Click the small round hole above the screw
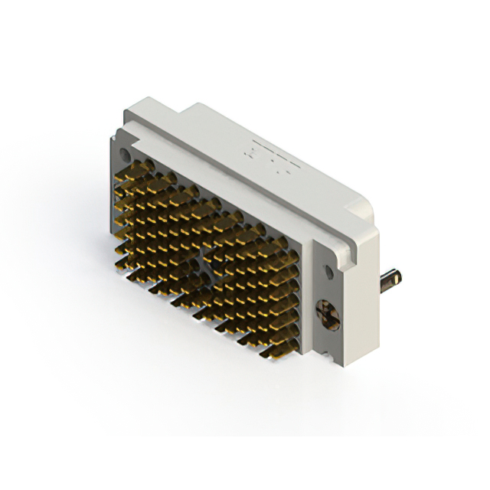click(x=328, y=270)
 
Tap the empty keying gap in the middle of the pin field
click(x=205, y=264)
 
